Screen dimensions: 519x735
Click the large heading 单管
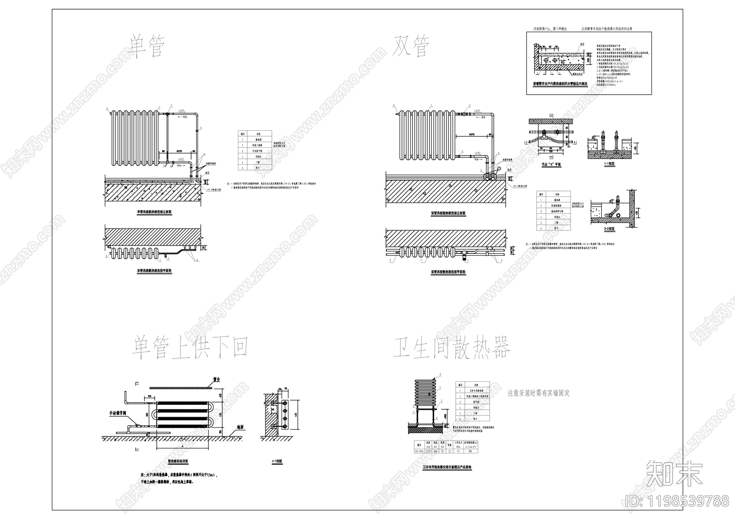[x=146, y=46]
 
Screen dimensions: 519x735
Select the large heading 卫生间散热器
[x=452, y=347]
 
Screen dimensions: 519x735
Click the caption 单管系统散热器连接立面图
[x=154, y=212]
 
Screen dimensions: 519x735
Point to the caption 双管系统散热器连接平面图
[x=448, y=272]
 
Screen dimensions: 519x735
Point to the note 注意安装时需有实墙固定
[x=538, y=393]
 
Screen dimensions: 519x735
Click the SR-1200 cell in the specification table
[x=418, y=451]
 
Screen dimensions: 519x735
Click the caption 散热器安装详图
[x=178, y=461]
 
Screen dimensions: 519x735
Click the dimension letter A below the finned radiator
[x=183, y=446]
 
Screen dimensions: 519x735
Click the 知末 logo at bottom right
[x=674, y=473]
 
